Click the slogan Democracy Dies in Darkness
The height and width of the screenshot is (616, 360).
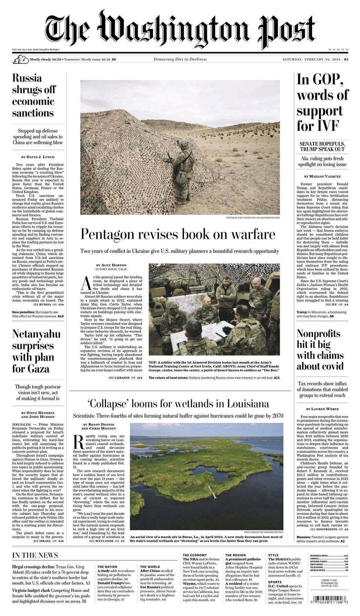(180, 59)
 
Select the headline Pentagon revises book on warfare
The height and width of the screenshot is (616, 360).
(178, 235)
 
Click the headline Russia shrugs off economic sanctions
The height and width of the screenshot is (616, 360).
(34, 96)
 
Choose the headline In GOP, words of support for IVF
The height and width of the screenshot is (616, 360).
(322, 102)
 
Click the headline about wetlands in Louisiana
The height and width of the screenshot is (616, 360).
(178, 404)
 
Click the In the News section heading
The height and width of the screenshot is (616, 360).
(35, 555)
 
